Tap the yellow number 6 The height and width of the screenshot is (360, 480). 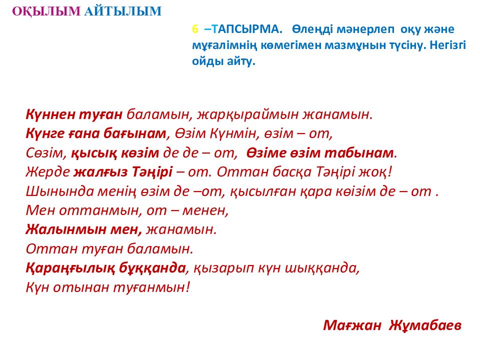[x=195, y=29]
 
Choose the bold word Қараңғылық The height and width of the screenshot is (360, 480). [x=66, y=267]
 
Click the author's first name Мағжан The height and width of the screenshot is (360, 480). [x=353, y=325]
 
